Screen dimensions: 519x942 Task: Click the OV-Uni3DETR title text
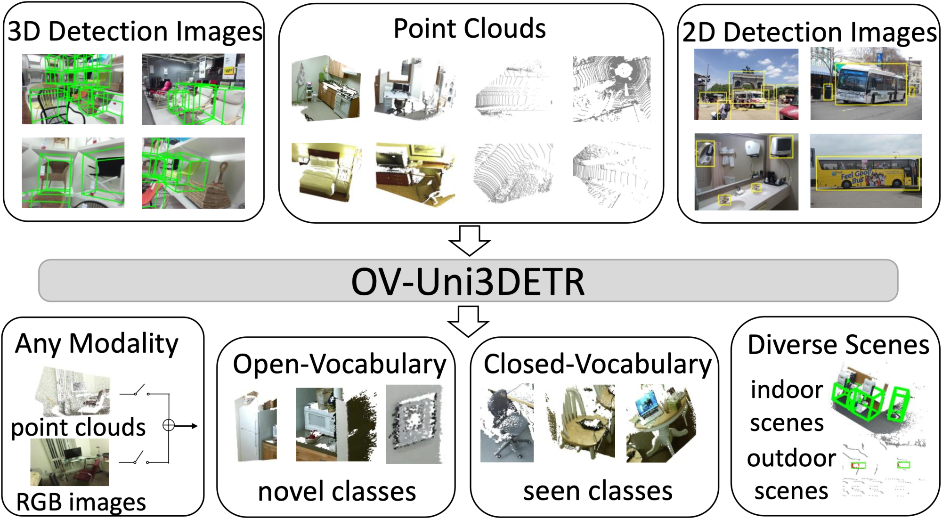pyautogui.click(x=468, y=282)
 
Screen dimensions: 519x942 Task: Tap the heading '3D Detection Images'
pyautogui.click(x=135, y=32)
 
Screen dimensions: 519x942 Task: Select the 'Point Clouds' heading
pyautogui.click(x=469, y=29)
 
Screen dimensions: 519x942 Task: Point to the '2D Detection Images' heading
pyautogui.click(x=809, y=32)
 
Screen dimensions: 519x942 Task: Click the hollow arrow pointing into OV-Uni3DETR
pyautogui.click(x=469, y=240)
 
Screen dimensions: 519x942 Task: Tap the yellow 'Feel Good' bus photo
pyautogui.click(x=866, y=171)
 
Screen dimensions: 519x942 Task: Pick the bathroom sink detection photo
pyautogui.click(x=746, y=172)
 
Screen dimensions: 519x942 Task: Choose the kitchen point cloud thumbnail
pyautogui.click(x=326, y=89)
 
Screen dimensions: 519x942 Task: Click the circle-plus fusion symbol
pyautogui.click(x=168, y=426)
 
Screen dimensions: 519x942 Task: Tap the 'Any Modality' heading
pyautogui.click(x=97, y=344)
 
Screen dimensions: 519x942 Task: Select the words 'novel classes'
pyautogui.click(x=337, y=492)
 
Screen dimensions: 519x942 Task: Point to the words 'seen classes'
pyautogui.click(x=597, y=492)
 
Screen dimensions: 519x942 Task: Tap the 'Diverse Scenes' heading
pyautogui.click(x=838, y=345)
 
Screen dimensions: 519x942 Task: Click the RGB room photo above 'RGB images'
pyautogui.click(x=70, y=462)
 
